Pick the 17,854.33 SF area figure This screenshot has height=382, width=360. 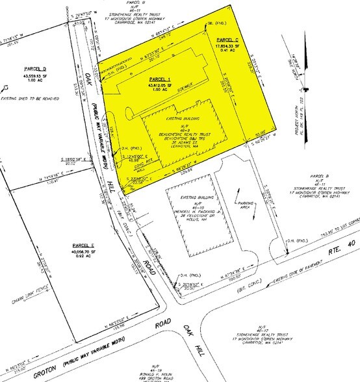click(230, 46)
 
